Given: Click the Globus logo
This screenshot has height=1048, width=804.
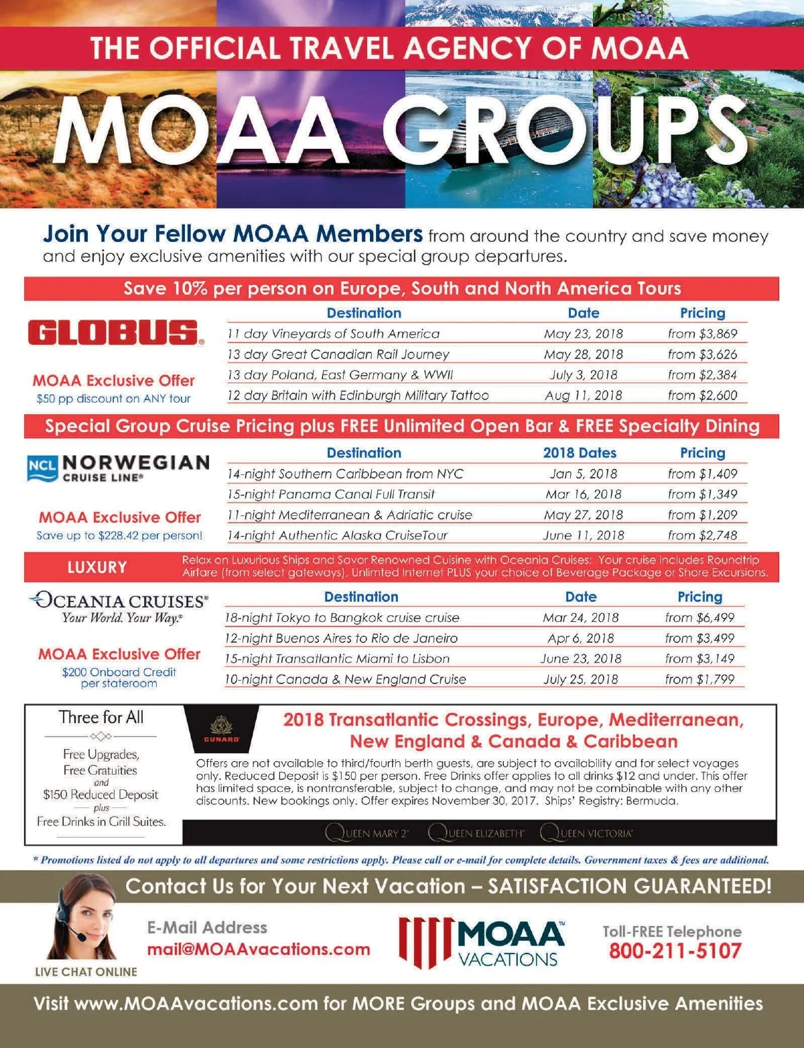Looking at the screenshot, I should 116,332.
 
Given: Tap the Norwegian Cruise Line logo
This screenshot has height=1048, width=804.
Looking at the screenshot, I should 119,468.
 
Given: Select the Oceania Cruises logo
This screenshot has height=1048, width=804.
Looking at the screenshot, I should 119,606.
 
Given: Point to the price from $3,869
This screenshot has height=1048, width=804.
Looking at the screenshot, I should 702,334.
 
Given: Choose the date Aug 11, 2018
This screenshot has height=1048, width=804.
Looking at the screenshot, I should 583,395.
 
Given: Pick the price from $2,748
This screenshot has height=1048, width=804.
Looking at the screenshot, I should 702,535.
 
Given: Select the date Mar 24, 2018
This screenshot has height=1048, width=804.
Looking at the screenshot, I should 580,617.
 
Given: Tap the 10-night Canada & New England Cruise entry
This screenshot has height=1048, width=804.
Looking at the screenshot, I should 345,679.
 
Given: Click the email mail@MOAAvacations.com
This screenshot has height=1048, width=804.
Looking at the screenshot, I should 259,949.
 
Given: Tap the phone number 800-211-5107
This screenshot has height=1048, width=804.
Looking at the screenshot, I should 675,951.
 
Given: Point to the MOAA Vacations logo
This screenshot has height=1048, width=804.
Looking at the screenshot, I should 482,942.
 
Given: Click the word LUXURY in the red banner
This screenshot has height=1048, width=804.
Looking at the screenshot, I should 97,568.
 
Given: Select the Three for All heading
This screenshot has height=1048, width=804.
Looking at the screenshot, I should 101,717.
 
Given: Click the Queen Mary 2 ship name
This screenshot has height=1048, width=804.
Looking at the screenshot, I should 367,833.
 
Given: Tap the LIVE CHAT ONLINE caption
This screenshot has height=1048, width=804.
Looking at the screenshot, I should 86,972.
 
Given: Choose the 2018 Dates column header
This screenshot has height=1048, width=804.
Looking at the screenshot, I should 580,453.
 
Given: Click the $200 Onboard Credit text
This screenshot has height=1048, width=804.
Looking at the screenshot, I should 119,672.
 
